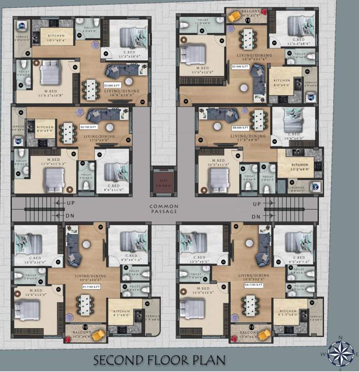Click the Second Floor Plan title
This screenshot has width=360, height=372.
(160, 360)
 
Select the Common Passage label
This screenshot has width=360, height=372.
(164, 209)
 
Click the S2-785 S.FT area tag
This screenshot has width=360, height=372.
(88, 127)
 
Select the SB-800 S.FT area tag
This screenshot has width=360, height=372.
(240, 127)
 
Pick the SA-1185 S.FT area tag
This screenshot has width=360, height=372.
(253, 286)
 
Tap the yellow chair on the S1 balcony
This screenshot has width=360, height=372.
(99, 334)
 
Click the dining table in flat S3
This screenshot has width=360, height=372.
(90, 89)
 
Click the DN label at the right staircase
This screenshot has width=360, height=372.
(256, 217)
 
